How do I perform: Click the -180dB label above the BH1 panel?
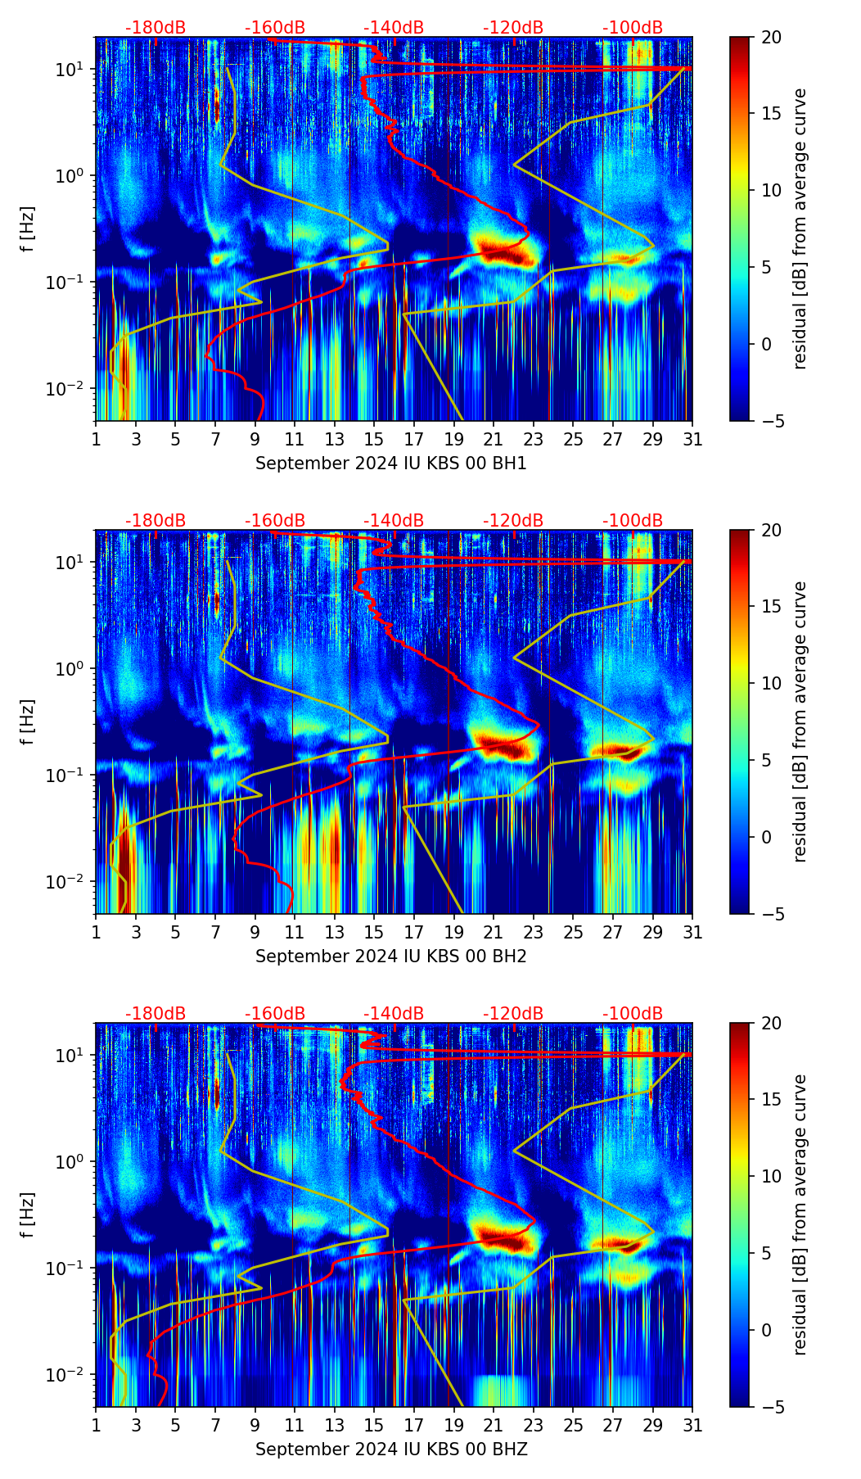[x=156, y=28]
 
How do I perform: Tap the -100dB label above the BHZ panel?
[x=633, y=1014]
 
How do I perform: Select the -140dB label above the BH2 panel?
[x=394, y=521]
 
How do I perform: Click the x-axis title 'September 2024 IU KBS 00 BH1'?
[x=391, y=464]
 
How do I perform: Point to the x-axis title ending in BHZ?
[x=391, y=1450]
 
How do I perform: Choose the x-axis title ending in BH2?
[x=391, y=957]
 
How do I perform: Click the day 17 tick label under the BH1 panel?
[x=413, y=439]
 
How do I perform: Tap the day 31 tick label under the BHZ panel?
[x=692, y=1425]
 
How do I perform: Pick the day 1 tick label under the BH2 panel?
[x=96, y=932]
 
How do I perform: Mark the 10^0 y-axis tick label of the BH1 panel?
[x=71, y=176]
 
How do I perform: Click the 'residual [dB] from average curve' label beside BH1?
[x=800, y=228]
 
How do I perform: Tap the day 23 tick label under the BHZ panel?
[x=533, y=1425]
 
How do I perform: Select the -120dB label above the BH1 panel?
[x=513, y=28]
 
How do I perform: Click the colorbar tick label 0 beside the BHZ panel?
[x=767, y=1330]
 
